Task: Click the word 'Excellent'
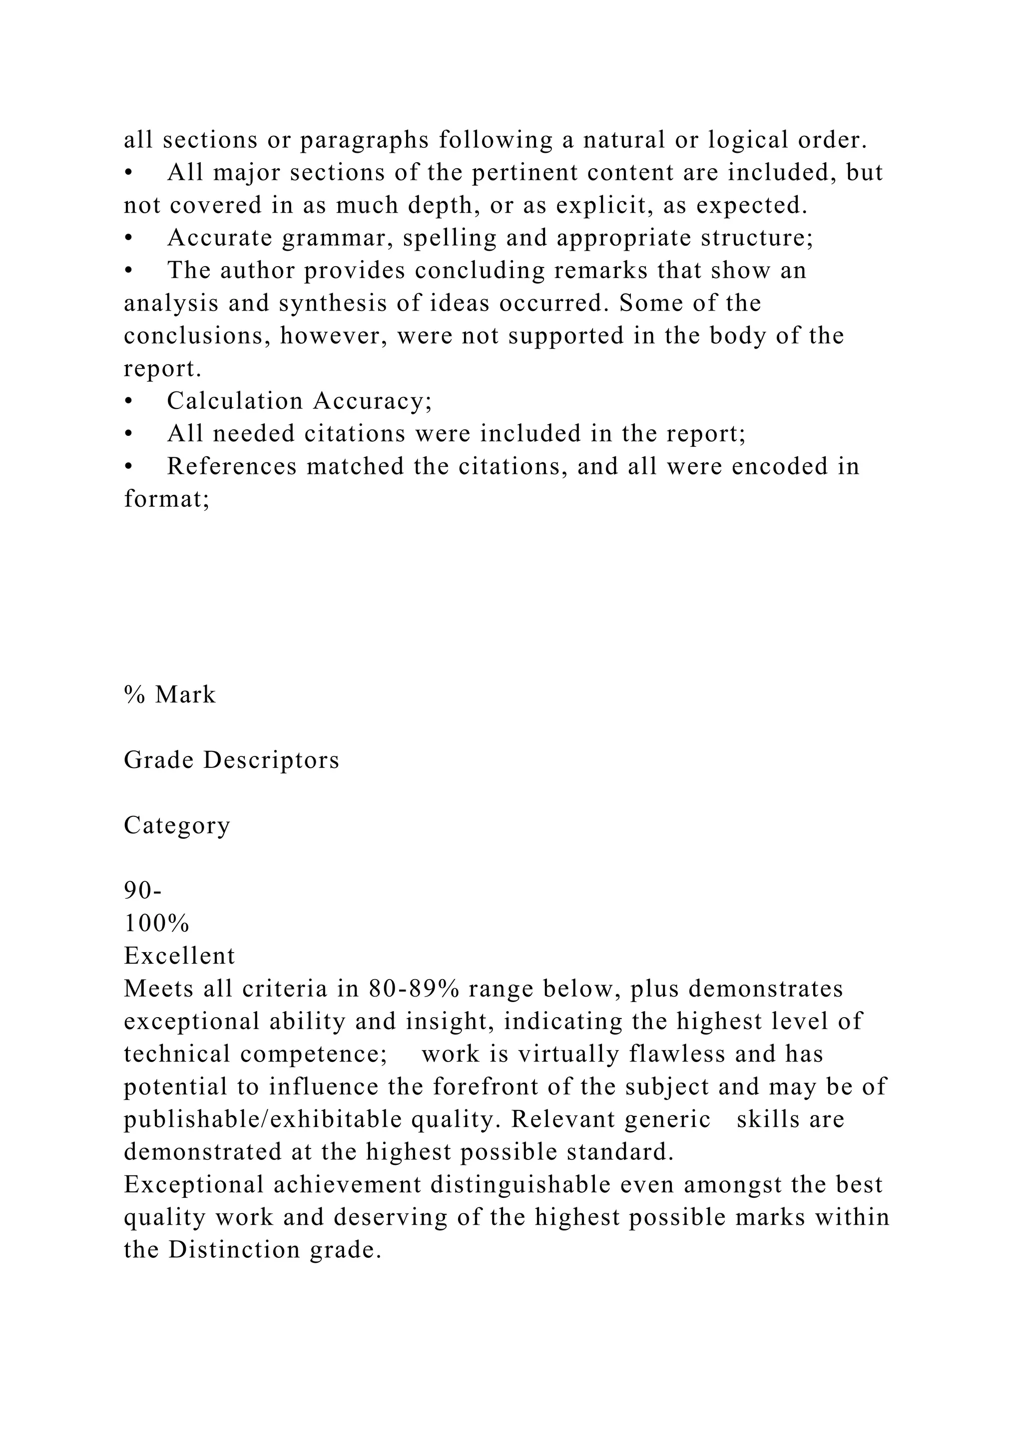179,956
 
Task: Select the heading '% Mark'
169,695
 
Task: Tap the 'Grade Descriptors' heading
231,760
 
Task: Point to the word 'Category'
177,826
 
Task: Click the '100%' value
156,923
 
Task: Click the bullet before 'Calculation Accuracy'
129,401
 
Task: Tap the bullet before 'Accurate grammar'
129,238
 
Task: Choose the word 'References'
232,467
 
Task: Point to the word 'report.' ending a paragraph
162,368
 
